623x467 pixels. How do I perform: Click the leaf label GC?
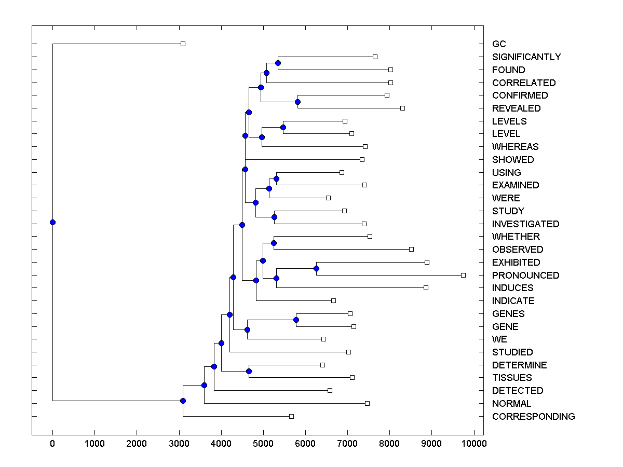tap(498, 44)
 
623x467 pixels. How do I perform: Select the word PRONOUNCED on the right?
tap(525, 275)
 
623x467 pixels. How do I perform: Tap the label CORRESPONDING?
tap(533, 416)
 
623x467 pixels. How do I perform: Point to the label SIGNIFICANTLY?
tap(526, 57)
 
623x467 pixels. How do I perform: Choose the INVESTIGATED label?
tap(525, 224)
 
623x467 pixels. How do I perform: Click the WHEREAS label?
tap(515, 147)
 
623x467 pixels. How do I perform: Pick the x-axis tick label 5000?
tap(263, 443)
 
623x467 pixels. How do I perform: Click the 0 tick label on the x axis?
tap(52, 443)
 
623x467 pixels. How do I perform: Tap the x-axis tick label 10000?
tap(473, 443)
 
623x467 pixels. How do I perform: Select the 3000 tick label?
tap(179, 443)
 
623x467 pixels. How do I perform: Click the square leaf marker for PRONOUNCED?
tap(463, 275)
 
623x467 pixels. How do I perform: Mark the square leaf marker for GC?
tap(183, 44)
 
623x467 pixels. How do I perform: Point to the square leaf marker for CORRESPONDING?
tap(291, 416)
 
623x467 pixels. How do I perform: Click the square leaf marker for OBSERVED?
tap(411, 249)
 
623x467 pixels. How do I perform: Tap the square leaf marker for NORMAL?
tap(367, 403)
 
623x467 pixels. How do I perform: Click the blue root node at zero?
tap(52, 222)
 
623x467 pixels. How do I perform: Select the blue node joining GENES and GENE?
tap(296, 320)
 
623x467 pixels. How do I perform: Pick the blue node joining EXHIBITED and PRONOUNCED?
tap(316, 268)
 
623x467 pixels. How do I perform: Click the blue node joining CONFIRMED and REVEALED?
tap(297, 102)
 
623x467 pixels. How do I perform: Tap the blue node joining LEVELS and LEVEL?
tap(283, 127)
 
